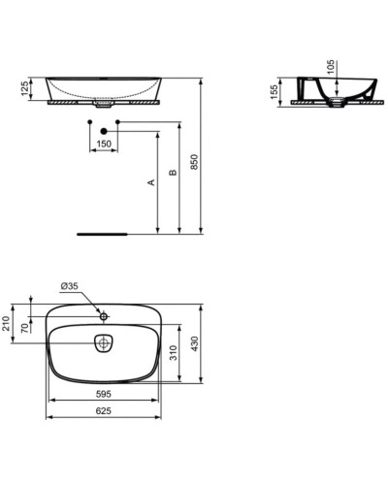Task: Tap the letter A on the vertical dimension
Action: tap(150, 182)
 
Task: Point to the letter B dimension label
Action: tap(172, 175)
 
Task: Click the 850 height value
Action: tap(194, 163)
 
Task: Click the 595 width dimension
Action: tap(102, 394)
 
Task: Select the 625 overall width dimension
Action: tap(102, 411)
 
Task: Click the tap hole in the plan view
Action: tap(104, 316)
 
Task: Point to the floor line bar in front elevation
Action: tap(103, 234)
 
